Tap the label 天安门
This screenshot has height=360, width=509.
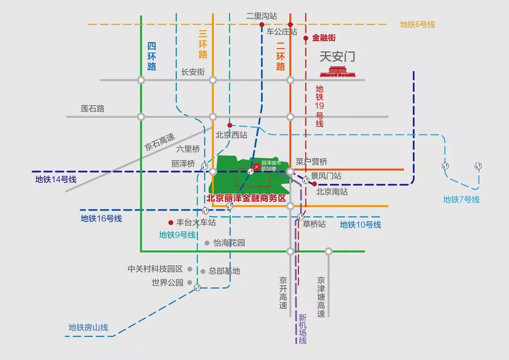[337, 57]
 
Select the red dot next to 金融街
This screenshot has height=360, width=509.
[305, 38]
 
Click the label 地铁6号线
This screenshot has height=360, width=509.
[417, 25]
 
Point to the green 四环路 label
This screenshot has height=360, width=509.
[151, 56]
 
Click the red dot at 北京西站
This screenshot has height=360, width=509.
[230, 125]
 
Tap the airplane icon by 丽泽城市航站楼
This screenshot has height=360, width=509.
[256, 167]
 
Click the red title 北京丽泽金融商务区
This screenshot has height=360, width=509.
[246, 198]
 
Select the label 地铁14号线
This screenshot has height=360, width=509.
[56, 179]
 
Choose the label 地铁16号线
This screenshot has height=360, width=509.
[101, 218]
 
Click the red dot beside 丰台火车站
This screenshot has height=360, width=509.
[170, 222]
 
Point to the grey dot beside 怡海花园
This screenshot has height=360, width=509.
[207, 243]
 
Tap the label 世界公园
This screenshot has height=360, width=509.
[167, 283]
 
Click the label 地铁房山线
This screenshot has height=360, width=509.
[88, 327]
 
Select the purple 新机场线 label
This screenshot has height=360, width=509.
[302, 329]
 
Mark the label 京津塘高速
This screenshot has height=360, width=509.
[321, 297]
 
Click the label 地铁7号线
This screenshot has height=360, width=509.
[461, 199]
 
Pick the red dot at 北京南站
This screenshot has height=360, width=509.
[314, 184]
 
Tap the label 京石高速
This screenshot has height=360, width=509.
[159, 141]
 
